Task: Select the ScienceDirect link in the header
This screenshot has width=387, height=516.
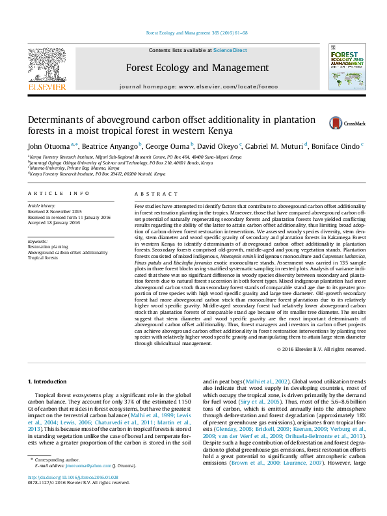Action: pyautogui.click(x=230, y=50)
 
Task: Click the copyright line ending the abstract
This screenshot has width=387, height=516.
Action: pyautogui.click(x=321, y=349)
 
